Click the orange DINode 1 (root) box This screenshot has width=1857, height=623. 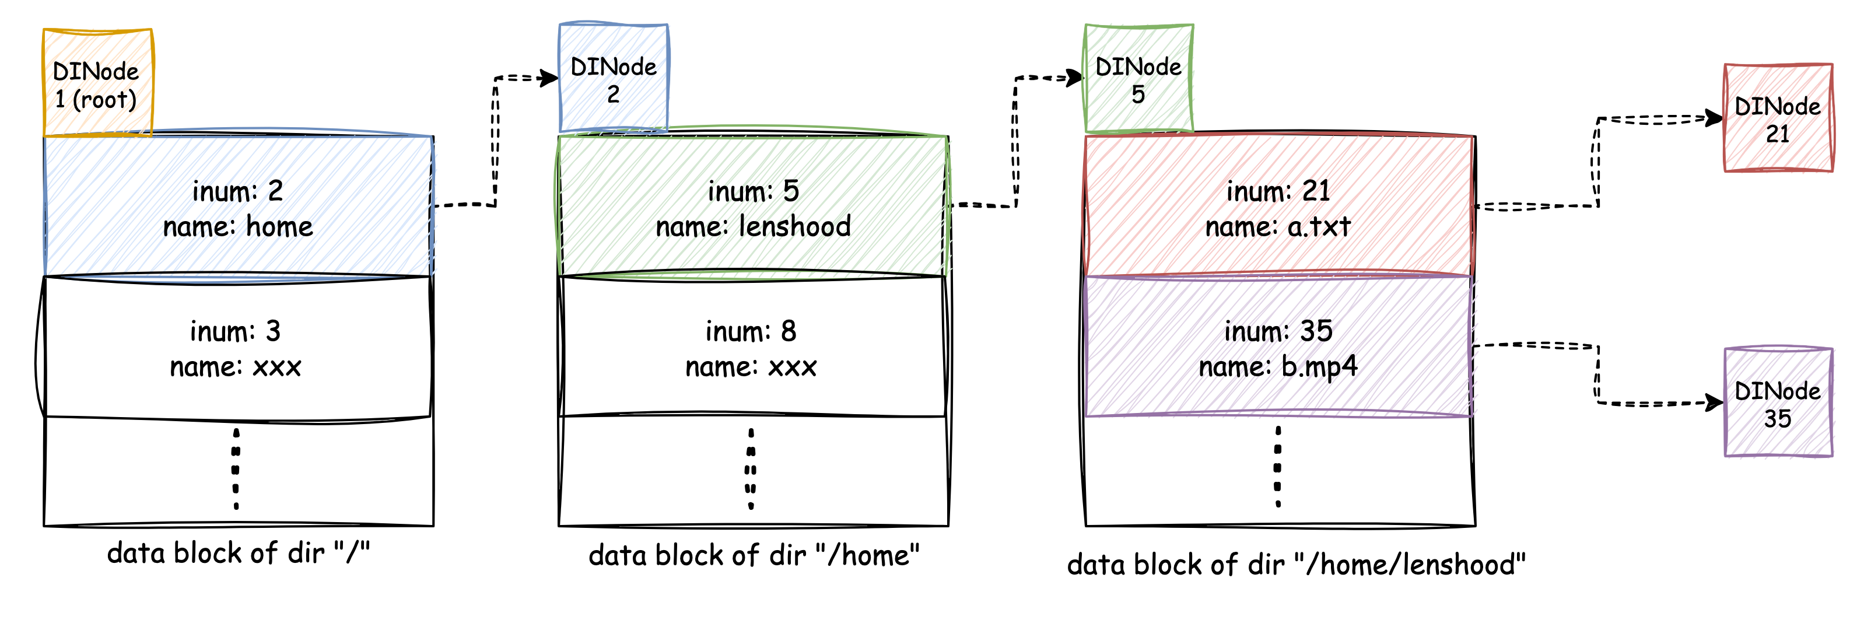[x=98, y=82]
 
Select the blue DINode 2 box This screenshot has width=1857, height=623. [x=614, y=78]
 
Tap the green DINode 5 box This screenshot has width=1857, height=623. [x=1139, y=79]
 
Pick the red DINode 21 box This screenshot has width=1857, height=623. [x=1778, y=118]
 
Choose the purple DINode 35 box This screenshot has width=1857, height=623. [x=1778, y=402]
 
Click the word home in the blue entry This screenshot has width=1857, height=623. [x=280, y=227]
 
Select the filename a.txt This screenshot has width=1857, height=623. [x=1319, y=227]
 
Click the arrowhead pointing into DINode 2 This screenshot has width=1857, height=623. [x=550, y=78]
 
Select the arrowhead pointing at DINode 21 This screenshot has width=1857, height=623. [x=1714, y=118]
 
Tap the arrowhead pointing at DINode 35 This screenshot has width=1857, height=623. [x=1714, y=402]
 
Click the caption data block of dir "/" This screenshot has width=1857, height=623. [x=239, y=553]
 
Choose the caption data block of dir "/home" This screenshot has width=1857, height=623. [x=754, y=555]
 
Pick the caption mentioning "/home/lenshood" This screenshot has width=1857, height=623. [x=1296, y=564]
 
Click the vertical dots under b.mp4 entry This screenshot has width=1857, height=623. [x=1278, y=467]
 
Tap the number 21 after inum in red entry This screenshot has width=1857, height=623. [x=1316, y=191]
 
